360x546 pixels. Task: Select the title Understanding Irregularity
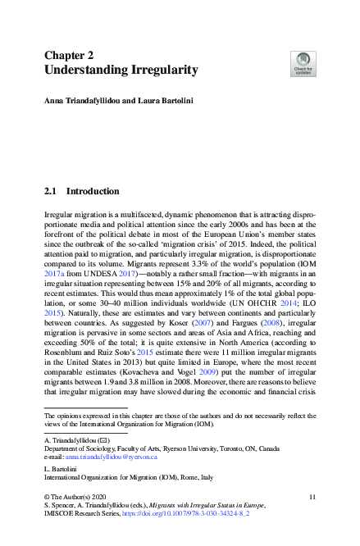pos(121,71)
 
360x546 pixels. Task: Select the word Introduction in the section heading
pos(93,191)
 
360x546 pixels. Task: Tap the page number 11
pos(312,498)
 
